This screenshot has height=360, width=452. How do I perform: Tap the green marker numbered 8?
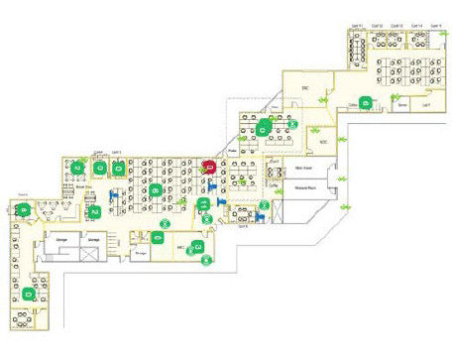pos(157,190)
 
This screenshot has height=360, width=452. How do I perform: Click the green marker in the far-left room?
pos(23,210)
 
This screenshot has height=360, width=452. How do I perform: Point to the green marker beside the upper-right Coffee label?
pos(367,101)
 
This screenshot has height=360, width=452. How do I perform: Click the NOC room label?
pos(321,142)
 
